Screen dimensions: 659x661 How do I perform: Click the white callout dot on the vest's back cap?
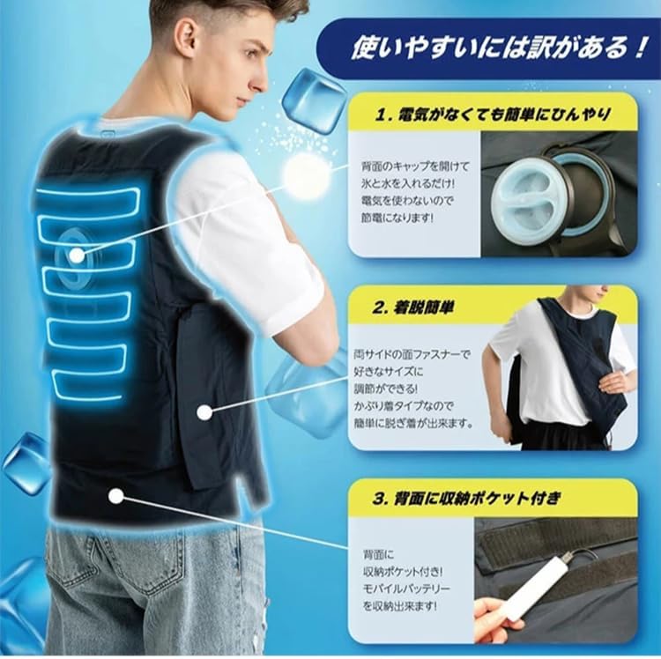(x=78, y=255)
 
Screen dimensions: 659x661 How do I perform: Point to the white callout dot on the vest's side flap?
(x=204, y=411)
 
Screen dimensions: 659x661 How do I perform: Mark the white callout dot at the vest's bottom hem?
(x=115, y=496)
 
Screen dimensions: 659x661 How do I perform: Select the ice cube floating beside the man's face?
(x=314, y=100)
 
